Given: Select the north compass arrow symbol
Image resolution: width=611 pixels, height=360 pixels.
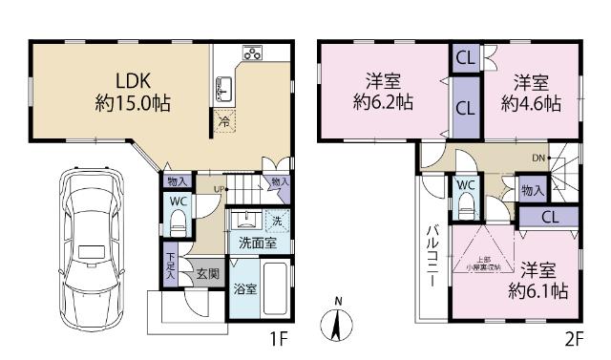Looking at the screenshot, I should point(337,322).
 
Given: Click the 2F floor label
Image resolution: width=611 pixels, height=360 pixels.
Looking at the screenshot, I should point(573,339).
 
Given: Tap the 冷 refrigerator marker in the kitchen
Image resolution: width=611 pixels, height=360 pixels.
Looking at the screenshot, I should point(223,121).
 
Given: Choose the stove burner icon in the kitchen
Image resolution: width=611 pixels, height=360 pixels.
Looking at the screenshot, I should point(253,53).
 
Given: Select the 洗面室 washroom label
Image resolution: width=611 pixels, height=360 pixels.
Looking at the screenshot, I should point(258,244).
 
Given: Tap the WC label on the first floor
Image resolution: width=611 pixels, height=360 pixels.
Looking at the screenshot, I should point(179,201).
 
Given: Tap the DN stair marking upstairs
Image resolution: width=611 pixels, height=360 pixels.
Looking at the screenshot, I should point(538,158).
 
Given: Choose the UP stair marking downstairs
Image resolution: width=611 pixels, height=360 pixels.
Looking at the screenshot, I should point(220,189).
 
